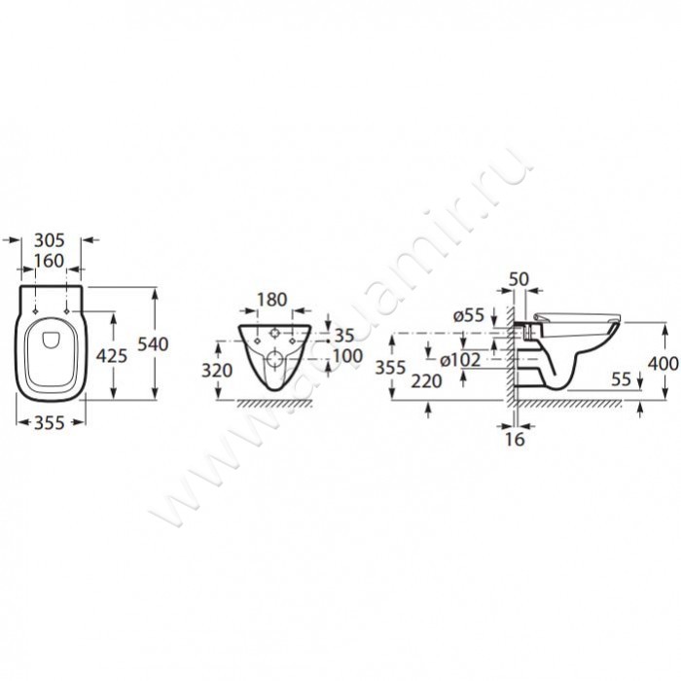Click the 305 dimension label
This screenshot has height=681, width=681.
click(x=50, y=240)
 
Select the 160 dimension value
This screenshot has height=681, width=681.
click(x=49, y=261)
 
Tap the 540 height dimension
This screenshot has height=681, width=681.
click(x=153, y=344)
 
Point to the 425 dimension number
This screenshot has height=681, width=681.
click(x=112, y=356)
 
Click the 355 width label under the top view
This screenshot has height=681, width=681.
click(x=49, y=422)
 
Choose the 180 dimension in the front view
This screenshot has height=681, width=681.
click(x=272, y=300)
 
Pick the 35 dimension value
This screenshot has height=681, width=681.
click(x=344, y=336)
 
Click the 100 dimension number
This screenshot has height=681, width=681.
click(x=348, y=356)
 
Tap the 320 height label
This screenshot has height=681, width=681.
click(x=217, y=371)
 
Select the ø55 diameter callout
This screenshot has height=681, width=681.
click(x=469, y=316)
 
